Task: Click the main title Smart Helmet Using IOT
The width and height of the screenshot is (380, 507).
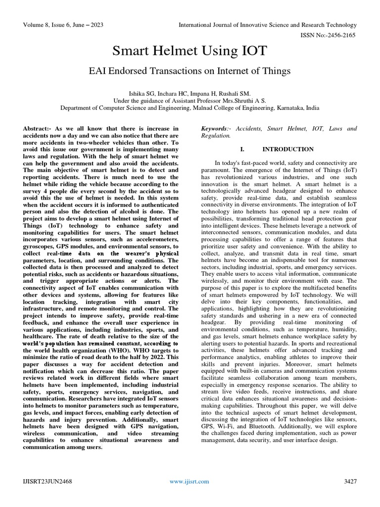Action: click(x=190, y=51)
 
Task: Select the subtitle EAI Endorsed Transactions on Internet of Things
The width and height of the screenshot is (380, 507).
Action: click(x=190, y=71)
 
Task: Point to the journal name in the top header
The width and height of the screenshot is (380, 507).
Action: click(x=267, y=25)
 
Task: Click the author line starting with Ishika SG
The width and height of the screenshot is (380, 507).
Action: click(x=190, y=93)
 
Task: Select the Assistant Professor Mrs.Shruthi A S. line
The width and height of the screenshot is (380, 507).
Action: click(x=190, y=100)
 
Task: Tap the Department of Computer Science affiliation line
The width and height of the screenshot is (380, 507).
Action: click(x=190, y=107)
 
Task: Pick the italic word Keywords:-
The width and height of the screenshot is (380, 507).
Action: click(x=216, y=129)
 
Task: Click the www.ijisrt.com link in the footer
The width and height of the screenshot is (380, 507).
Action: click(x=190, y=481)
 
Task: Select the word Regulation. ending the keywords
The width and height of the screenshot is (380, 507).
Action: click(x=215, y=135)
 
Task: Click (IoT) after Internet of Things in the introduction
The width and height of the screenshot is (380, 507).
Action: click(x=349, y=170)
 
